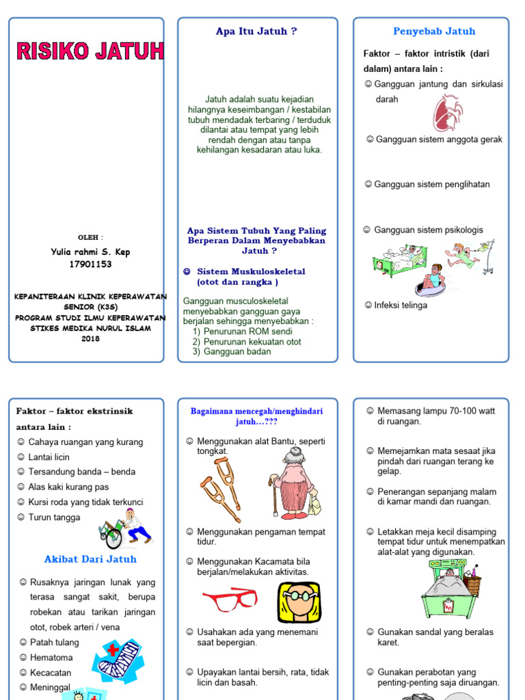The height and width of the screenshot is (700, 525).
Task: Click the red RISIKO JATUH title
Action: [90, 51]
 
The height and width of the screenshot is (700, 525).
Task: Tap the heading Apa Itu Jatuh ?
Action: [256, 31]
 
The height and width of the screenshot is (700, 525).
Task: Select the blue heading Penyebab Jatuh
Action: [433, 31]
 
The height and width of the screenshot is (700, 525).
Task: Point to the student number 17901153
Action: [90, 264]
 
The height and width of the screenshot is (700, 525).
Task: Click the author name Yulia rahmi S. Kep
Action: [90, 252]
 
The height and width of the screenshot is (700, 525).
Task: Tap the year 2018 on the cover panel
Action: [90, 338]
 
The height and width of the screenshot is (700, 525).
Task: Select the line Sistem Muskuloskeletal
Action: [251, 271]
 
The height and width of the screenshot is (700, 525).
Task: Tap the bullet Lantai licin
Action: [49, 457]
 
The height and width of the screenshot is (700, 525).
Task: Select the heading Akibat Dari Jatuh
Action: [90, 559]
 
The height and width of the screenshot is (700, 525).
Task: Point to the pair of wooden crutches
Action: [221, 489]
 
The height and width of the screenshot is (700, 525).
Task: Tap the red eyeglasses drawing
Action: [230, 600]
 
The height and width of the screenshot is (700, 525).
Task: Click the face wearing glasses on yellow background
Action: [299, 602]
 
